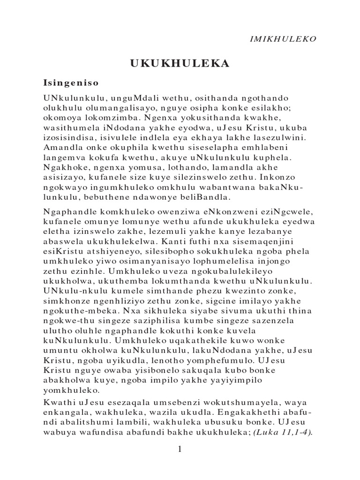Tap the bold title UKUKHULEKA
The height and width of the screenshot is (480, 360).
180,64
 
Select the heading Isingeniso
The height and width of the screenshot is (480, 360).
70,83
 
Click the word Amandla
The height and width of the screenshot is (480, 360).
61,150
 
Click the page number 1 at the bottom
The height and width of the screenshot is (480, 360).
180,450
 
